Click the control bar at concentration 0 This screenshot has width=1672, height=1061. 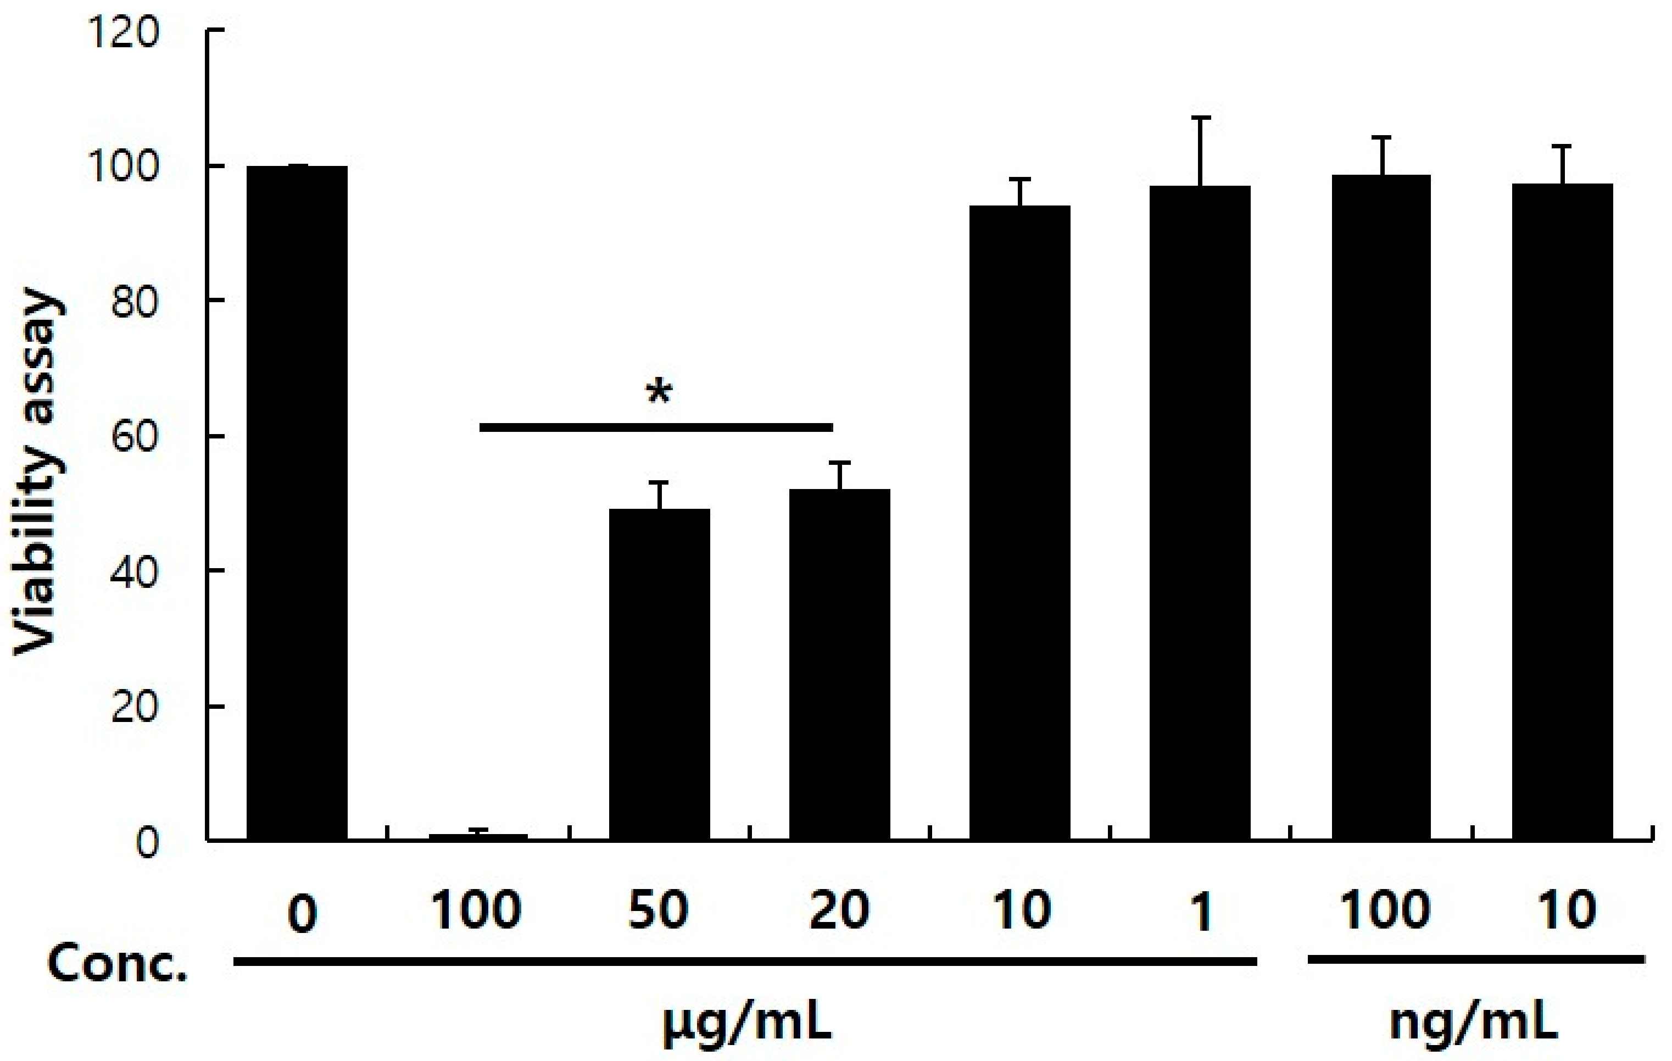click(297, 503)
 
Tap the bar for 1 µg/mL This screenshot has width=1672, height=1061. click(1200, 514)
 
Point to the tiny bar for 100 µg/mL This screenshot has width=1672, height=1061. click(478, 837)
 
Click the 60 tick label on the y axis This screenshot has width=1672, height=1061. click(133, 436)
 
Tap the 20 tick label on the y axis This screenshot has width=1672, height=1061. click(133, 707)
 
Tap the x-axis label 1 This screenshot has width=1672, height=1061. click(1201, 910)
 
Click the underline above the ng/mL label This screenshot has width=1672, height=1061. click(1475, 961)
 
